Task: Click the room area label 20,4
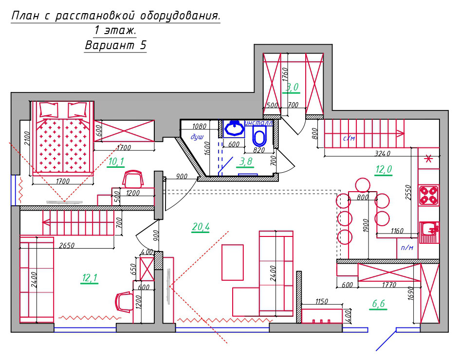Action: [201, 226]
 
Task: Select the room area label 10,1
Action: [116, 162]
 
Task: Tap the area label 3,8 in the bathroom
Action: [246, 162]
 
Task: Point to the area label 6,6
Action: [378, 304]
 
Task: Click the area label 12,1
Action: [90, 278]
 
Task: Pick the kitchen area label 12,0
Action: [384, 169]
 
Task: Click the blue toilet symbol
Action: [259, 138]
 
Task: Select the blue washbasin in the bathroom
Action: [234, 128]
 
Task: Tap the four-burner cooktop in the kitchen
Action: [428, 195]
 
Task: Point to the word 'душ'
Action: [197, 137]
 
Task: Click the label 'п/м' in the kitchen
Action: [407, 248]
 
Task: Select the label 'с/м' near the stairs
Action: [349, 139]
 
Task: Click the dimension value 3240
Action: [382, 154]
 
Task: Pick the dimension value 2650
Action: [67, 246]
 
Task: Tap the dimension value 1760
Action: [285, 75]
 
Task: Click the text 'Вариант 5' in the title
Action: [115, 46]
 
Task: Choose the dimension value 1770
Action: [389, 285]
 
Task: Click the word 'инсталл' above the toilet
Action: [258, 123]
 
